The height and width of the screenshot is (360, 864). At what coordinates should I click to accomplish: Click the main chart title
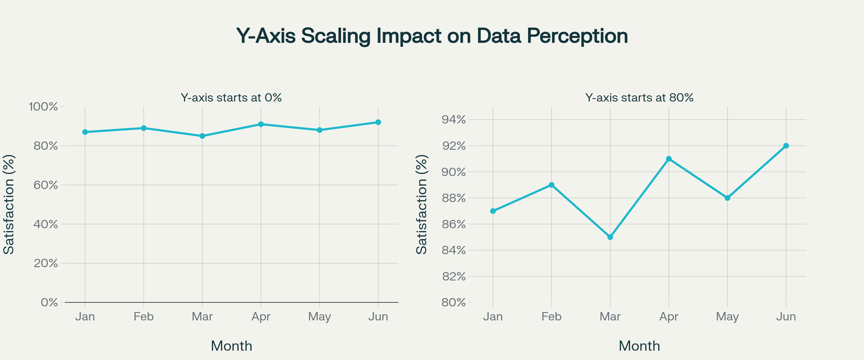click(x=432, y=36)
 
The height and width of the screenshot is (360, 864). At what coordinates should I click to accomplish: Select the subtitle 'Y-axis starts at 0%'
click(x=231, y=98)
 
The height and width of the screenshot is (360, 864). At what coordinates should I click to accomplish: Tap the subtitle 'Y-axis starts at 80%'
click(x=639, y=98)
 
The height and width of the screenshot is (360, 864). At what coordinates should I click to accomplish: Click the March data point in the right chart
click(x=610, y=237)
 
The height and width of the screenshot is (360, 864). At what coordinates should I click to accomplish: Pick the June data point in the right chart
click(x=786, y=146)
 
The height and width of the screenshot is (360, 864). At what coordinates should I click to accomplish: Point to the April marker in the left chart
click(x=261, y=124)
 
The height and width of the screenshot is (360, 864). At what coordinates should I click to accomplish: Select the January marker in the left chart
click(x=85, y=132)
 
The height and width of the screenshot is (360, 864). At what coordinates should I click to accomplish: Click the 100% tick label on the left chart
click(x=43, y=107)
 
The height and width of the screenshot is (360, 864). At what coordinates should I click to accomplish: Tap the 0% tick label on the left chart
click(x=49, y=302)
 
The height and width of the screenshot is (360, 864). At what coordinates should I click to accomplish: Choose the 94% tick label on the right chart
click(x=454, y=120)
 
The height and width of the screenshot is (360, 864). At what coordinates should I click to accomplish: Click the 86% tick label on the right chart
click(x=454, y=224)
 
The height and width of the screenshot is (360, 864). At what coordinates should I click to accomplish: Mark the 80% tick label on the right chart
click(x=454, y=302)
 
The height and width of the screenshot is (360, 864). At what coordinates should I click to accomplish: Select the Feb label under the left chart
click(x=144, y=317)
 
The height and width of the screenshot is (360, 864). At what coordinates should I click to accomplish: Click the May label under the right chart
click(x=727, y=317)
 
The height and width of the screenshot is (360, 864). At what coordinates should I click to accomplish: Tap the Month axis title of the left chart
click(x=231, y=346)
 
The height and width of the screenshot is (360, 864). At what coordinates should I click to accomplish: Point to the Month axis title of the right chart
click(x=639, y=346)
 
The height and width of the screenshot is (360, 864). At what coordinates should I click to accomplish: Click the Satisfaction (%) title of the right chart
click(x=422, y=204)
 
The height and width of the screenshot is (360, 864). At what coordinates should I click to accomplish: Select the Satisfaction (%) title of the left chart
click(x=9, y=204)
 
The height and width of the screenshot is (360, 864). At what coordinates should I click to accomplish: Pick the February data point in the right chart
click(x=552, y=185)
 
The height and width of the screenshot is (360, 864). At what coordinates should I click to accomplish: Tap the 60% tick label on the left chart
click(x=46, y=185)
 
